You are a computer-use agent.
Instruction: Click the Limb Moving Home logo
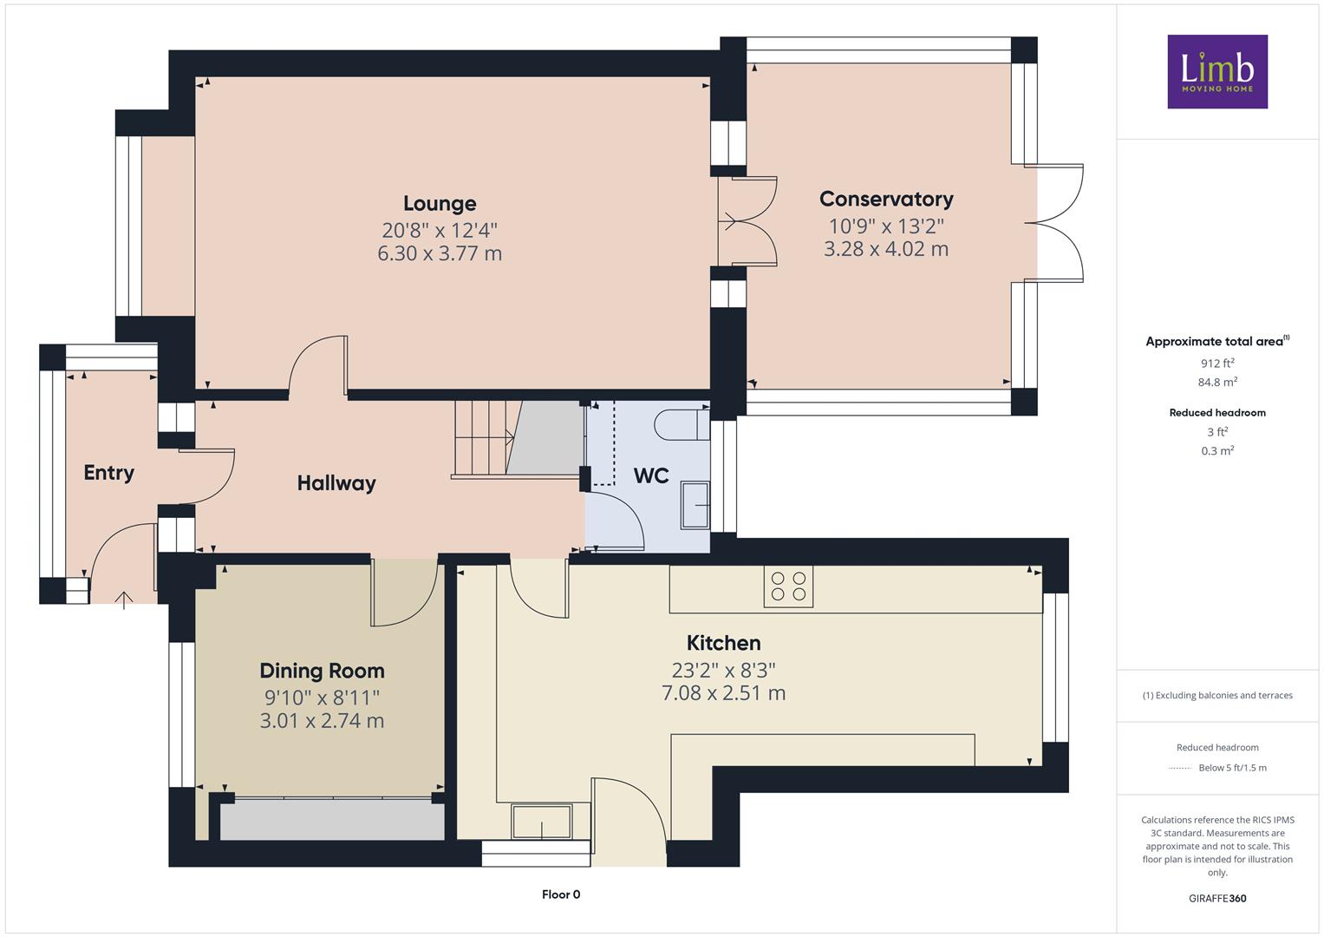click(x=1217, y=71)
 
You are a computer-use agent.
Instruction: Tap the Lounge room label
click(x=440, y=204)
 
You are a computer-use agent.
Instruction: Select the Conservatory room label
click(x=886, y=199)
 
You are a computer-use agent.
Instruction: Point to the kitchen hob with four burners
click(x=788, y=586)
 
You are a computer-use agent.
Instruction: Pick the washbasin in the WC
click(x=695, y=505)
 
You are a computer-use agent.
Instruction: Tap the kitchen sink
click(x=542, y=821)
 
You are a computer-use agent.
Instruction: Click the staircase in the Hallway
click(x=518, y=438)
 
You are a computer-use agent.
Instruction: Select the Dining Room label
click(x=323, y=671)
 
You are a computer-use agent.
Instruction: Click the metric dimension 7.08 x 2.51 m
click(x=723, y=692)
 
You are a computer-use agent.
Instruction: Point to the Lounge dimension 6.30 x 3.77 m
click(x=440, y=253)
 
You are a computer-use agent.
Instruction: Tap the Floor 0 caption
click(x=561, y=894)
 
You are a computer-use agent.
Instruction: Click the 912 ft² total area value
click(x=1217, y=364)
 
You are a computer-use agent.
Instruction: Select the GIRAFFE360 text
click(x=1217, y=898)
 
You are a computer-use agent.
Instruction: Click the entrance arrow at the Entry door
click(x=123, y=600)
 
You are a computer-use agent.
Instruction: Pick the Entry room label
click(x=108, y=473)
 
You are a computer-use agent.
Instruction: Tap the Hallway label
click(x=336, y=483)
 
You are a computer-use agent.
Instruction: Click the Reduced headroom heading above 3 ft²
click(x=1217, y=413)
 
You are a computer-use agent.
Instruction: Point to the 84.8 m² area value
click(x=1217, y=382)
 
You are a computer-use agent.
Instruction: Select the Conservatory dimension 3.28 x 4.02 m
click(x=886, y=249)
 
